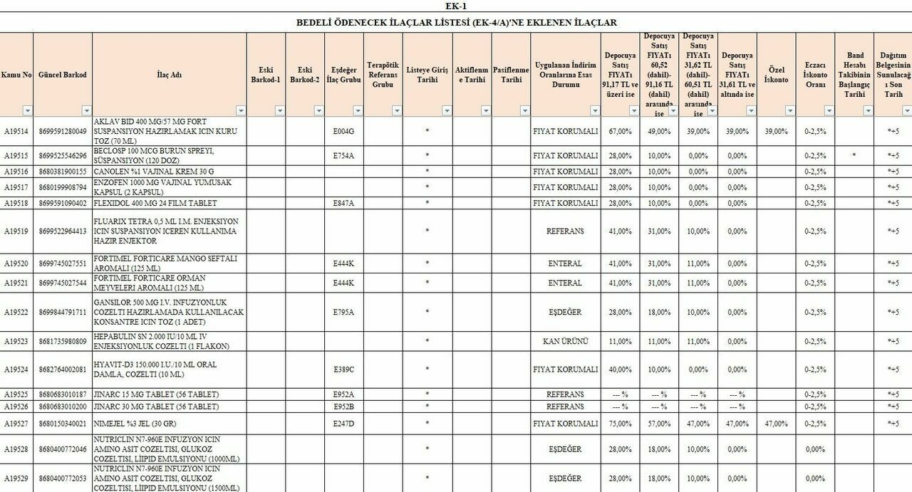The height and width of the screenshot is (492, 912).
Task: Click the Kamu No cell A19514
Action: [16, 131]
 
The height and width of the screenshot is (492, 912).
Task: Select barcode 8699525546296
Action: [62, 155]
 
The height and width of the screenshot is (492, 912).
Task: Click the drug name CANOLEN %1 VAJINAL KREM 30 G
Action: [154, 172]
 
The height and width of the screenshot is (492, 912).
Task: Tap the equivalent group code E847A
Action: [343, 203]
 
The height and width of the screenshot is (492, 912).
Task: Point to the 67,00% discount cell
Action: [620, 131]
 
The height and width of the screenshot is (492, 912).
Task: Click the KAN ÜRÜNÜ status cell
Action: [565, 341]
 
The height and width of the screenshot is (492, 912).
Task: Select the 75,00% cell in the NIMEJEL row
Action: [620, 423]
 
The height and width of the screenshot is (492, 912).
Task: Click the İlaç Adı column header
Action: [169, 75]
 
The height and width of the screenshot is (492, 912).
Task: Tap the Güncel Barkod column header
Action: [62, 75]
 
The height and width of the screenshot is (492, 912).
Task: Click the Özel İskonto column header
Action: [776, 75]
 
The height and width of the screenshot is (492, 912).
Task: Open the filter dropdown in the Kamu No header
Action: [27, 110]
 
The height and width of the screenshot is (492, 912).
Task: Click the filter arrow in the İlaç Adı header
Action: [240, 110]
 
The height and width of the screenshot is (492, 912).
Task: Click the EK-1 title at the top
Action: [456, 6]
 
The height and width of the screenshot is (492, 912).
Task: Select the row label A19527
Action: [16, 423]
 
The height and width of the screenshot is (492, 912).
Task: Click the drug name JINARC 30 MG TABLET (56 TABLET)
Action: [157, 407]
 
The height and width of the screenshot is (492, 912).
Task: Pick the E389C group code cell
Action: [343, 370]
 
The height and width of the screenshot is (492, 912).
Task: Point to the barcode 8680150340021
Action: [62, 423]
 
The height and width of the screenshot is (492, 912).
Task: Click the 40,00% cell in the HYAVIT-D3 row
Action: [620, 370]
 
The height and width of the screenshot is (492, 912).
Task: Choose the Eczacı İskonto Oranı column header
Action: [815, 75]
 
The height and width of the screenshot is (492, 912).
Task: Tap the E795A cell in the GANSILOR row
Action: [343, 312]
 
